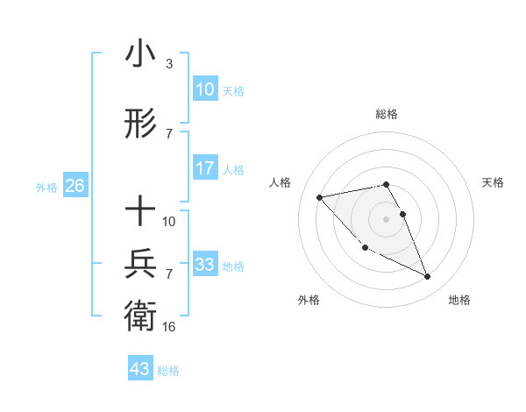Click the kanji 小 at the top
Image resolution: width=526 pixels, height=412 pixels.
[140, 54]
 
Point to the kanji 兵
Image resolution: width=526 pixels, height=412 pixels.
[140, 263]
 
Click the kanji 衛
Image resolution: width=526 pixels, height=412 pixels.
[140, 315]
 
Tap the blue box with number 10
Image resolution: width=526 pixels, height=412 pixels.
[204, 89]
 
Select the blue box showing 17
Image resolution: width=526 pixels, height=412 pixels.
[204, 168]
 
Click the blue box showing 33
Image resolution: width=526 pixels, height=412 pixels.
[204, 265]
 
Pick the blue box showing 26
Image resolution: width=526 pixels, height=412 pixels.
[75, 186]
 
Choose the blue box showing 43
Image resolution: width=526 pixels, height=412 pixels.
[140, 369]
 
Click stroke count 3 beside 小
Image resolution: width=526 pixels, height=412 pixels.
[168, 64]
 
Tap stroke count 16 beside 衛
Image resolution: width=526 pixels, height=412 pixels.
[169, 326]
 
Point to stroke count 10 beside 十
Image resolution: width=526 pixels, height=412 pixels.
[169, 221]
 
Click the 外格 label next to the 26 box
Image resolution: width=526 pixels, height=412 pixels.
[46, 187]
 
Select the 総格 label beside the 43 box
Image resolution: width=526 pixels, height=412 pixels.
[168, 371]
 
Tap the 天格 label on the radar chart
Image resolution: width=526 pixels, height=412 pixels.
[493, 182]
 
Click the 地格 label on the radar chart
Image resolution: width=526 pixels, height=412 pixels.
[459, 300]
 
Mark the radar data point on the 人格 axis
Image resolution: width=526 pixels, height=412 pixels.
[319, 197]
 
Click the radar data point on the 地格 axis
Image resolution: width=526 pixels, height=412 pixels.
[428, 277]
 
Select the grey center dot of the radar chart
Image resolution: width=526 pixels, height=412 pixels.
[386, 218]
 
